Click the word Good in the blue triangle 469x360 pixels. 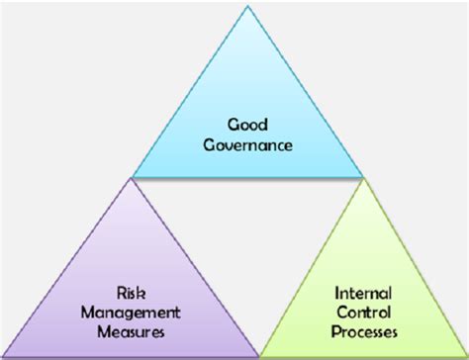coord(248,127)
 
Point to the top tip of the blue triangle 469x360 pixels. coord(248,7)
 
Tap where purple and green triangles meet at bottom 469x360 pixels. coord(260,354)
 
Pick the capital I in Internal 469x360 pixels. coord(337,294)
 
